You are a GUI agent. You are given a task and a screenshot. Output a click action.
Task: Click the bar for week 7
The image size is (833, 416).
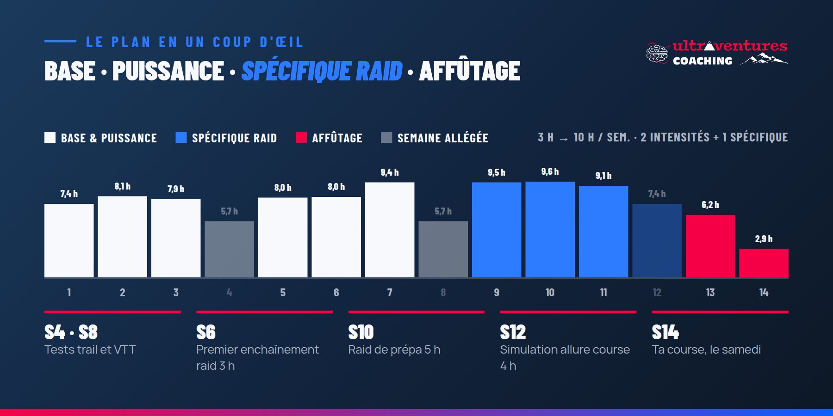click(390, 230)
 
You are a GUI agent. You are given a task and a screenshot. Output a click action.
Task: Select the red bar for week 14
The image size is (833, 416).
click(764, 263)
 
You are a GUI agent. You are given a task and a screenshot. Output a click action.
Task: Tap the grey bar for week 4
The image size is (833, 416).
click(230, 249)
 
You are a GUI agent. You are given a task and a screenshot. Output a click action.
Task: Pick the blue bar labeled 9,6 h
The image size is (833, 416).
click(550, 229)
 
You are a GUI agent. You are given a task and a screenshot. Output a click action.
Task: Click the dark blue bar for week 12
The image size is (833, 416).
click(657, 240)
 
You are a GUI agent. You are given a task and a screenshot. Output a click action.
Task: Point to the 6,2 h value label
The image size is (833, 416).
click(710, 205)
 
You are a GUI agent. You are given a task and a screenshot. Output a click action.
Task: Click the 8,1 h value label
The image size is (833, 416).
click(123, 186)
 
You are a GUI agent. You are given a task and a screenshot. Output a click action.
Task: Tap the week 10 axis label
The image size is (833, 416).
click(550, 293)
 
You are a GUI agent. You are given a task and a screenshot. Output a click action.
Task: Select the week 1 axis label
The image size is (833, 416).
click(69, 293)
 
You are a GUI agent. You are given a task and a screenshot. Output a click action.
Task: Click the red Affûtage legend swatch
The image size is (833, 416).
click(301, 137)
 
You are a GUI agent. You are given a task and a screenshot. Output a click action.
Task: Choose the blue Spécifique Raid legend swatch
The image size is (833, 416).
click(181, 137)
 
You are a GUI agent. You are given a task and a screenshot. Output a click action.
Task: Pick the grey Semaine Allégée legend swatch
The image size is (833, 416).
click(386, 137)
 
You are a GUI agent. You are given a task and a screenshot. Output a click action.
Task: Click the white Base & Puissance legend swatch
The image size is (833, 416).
click(50, 137)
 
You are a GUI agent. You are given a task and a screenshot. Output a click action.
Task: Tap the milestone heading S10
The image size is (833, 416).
click(361, 332)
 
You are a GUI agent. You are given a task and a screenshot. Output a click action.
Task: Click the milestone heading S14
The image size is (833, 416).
click(665, 332)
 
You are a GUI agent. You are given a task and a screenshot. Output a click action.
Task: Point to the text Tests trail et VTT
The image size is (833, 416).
click(90, 349)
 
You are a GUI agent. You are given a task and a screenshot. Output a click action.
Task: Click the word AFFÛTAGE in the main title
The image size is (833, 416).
click(470, 71)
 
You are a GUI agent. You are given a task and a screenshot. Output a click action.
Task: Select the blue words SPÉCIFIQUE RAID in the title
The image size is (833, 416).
click(322, 71)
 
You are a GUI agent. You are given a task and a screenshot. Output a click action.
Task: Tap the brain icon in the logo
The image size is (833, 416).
click(657, 53)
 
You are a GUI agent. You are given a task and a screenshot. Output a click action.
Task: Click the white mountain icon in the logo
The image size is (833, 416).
click(765, 59)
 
